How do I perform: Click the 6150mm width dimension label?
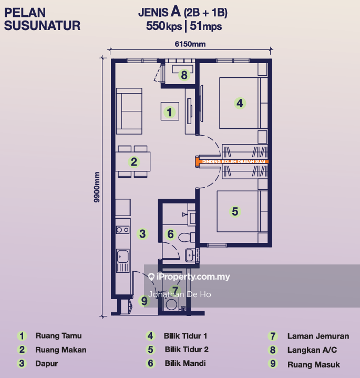click(190, 45)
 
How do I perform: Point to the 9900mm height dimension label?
click(97, 189)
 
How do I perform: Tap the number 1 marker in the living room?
click(169, 111)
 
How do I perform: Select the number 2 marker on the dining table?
click(134, 162)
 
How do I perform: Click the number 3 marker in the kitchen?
click(142, 233)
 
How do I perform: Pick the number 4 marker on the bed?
click(240, 104)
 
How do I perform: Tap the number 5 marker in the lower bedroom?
click(235, 211)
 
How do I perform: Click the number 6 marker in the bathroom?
click(170, 234)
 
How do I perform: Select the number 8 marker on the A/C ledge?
click(183, 75)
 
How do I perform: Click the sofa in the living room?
click(129, 111)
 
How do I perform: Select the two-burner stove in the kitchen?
click(122, 230)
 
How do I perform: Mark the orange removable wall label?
click(231, 162)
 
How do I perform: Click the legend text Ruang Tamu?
click(58, 335)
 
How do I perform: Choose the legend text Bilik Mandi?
click(184, 363)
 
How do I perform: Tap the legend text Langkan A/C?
click(312, 350)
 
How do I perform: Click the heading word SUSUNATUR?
click(42, 25)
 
